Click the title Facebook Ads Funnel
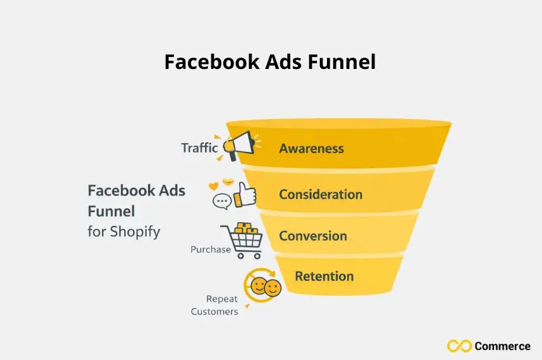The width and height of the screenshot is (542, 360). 270,62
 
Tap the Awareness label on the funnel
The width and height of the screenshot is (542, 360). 311,149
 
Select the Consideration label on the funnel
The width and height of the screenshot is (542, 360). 321,194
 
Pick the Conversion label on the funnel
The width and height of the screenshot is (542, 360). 313,236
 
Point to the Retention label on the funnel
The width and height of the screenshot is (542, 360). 324,276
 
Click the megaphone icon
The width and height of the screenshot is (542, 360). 238,144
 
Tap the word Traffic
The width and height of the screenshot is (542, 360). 199,148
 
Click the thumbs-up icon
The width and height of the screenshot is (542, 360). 244,195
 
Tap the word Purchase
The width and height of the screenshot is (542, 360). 211,250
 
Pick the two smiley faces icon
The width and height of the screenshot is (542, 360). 264,287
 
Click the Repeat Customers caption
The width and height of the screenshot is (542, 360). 214,305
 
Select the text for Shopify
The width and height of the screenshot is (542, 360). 124,232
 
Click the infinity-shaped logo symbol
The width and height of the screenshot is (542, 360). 459,346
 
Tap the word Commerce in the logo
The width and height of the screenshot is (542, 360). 503,346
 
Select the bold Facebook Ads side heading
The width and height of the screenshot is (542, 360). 136,190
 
